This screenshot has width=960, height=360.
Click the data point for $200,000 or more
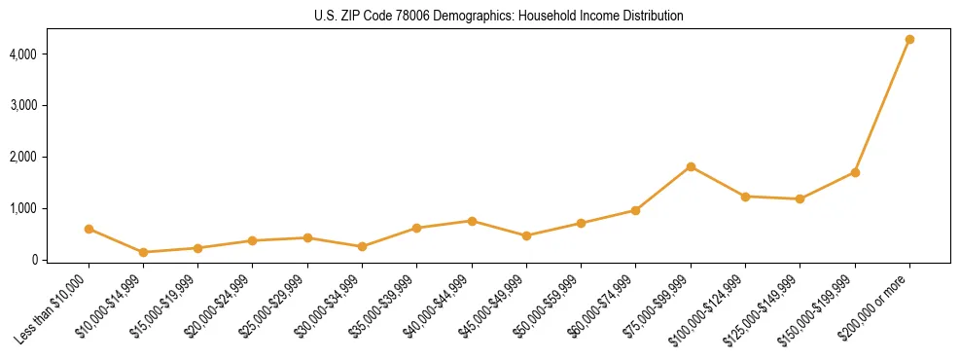909,39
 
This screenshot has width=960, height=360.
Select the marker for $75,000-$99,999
691,166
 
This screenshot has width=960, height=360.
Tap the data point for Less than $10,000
89,229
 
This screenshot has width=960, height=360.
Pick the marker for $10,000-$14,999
144,252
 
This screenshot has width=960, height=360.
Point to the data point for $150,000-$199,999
855,172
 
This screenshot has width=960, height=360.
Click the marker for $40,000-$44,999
472,221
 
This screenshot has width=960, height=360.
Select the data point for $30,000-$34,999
363,246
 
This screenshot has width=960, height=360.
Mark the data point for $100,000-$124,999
745,197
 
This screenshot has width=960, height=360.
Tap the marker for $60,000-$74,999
636,210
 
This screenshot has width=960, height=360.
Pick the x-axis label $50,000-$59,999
550,305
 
